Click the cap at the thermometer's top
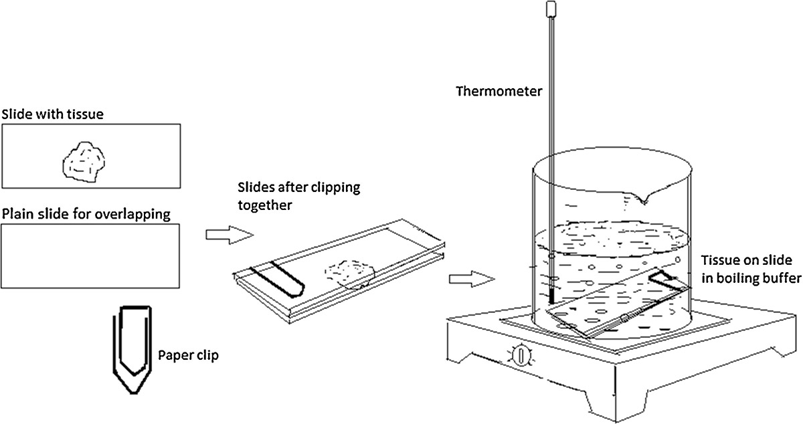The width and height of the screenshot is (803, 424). pos(553,9)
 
